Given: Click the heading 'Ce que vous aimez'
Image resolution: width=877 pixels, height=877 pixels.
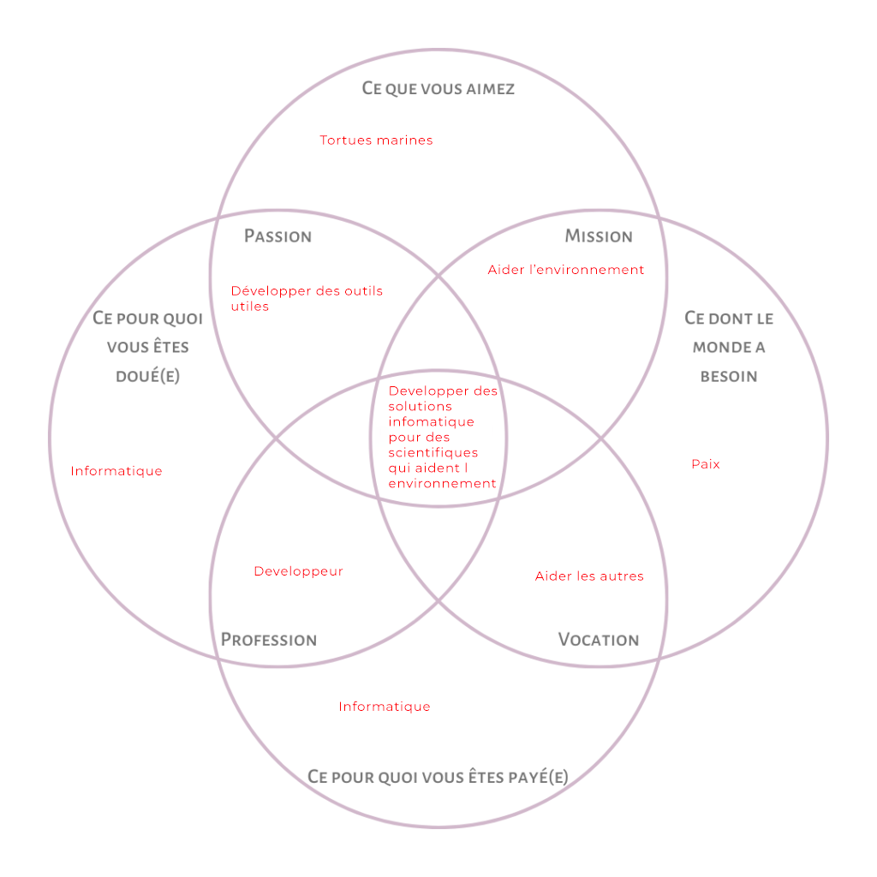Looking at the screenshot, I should tap(438, 89).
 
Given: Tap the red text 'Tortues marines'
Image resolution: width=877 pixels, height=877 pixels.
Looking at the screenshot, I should tap(376, 140).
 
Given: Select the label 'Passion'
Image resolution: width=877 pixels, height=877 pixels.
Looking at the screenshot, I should tap(277, 236).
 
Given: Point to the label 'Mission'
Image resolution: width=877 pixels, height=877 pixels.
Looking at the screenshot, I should tap(599, 236).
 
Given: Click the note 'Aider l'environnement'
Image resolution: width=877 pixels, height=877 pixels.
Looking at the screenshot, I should tap(565, 270).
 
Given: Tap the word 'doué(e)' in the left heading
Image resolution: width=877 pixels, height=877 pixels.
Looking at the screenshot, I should tap(147, 376).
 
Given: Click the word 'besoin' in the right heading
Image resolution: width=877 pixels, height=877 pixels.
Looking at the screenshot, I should tap(729, 376).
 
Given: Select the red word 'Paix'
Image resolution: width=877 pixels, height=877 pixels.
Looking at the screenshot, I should tap(706, 464).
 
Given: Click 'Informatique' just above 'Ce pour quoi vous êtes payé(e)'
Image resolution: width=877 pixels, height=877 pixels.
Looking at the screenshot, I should tap(384, 707).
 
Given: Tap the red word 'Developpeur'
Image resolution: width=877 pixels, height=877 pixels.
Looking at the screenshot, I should tap(298, 571).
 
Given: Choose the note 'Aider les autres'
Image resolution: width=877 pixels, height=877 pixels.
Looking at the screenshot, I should tap(589, 576).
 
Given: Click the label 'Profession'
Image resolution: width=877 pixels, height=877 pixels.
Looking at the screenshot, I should tap(269, 640).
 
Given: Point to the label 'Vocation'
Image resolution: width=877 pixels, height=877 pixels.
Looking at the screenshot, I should tap(599, 640).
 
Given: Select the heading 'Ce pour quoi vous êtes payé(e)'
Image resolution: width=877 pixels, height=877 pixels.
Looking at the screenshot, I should tap(438, 777).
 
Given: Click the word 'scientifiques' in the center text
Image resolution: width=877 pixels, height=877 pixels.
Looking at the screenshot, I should tap(433, 453).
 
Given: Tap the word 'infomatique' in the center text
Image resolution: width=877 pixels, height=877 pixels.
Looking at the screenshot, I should tap(431, 422).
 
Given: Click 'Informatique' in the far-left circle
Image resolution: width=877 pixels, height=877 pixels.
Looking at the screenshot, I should tap(116, 471).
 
